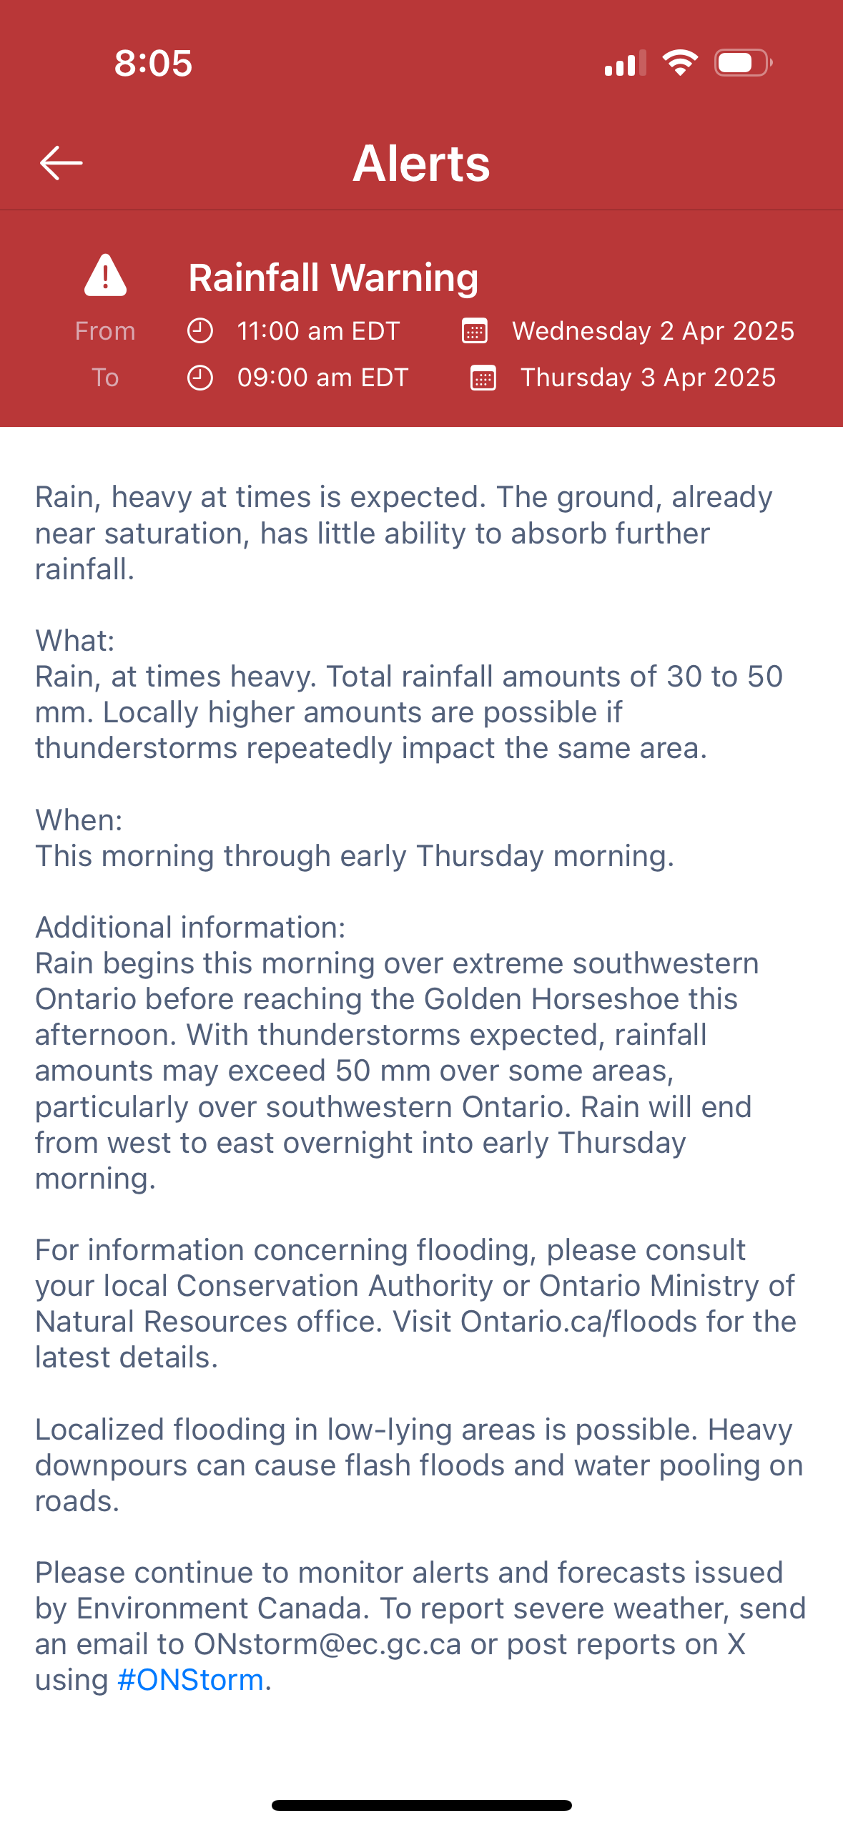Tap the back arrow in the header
coord(61,163)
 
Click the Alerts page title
coord(421,163)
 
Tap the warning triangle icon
coord(105,275)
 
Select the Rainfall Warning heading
coord(333,277)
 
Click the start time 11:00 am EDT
coord(318,331)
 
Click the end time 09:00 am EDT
coord(322,378)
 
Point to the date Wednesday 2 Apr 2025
coord(653,331)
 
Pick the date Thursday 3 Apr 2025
coord(648,378)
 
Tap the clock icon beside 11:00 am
coord(200,331)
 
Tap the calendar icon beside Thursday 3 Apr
coord(483,378)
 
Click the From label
coord(105,331)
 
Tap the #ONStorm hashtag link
coord(190,1680)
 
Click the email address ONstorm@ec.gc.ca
coord(327,1644)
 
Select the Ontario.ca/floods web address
coord(578,1322)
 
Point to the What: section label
coord(75,641)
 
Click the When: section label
coord(79,820)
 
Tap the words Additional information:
coord(190,928)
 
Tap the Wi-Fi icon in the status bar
coord(680,63)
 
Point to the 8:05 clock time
coord(153,63)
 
